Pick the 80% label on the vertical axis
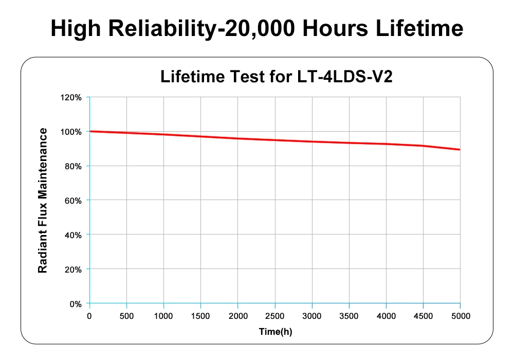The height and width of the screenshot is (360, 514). (74, 166)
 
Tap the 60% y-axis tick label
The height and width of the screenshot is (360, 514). (74, 201)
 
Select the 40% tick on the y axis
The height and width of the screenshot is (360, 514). (74, 235)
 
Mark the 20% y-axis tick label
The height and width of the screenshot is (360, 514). (74, 269)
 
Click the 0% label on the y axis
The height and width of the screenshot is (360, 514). (76, 304)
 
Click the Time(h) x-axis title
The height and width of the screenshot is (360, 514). (275, 332)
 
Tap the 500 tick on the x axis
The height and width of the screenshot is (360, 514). (126, 315)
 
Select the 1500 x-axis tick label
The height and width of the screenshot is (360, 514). (200, 315)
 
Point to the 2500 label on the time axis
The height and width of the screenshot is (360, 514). (274, 315)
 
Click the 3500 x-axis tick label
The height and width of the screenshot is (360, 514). (349, 315)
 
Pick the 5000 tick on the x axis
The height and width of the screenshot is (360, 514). (460, 315)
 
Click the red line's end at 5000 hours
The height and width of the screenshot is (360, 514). (460, 150)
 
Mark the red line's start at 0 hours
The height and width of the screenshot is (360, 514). (90, 131)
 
